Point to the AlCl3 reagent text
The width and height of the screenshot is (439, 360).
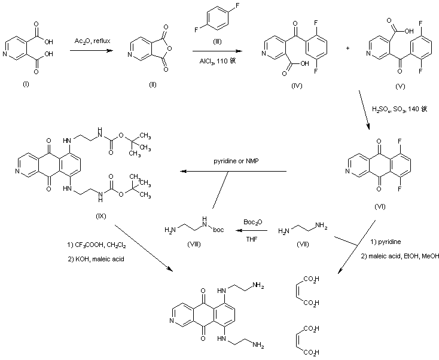coord(217,60)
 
